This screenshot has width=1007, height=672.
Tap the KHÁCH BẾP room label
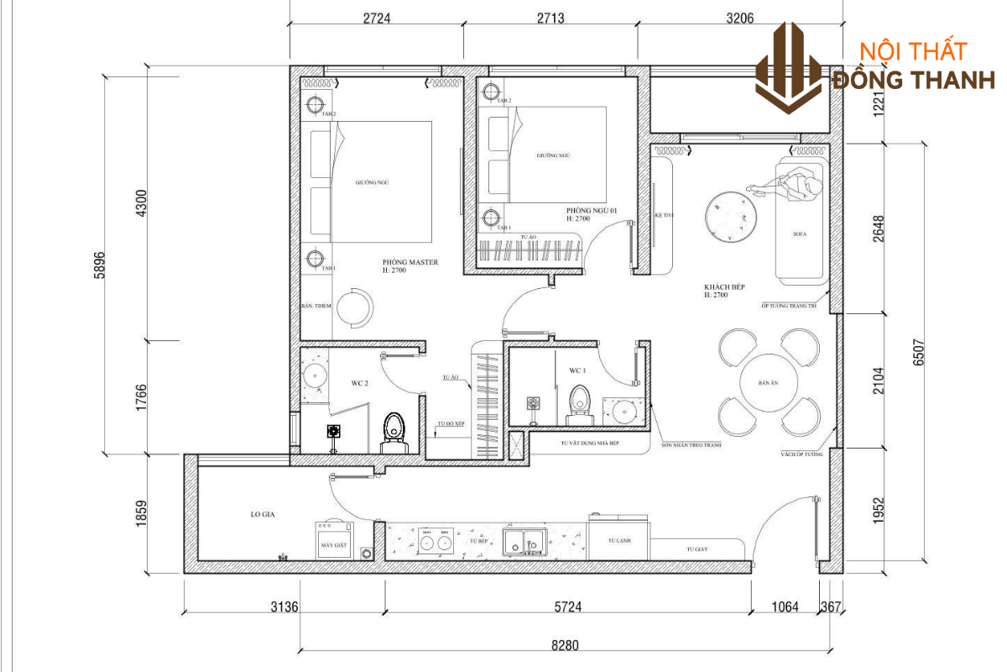(x=724, y=291)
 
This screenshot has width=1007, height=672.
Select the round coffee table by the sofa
(x=731, y=216)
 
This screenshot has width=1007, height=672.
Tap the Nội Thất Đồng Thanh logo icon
(x=789, y=67)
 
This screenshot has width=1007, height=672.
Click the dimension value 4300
(x=141, y=204)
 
